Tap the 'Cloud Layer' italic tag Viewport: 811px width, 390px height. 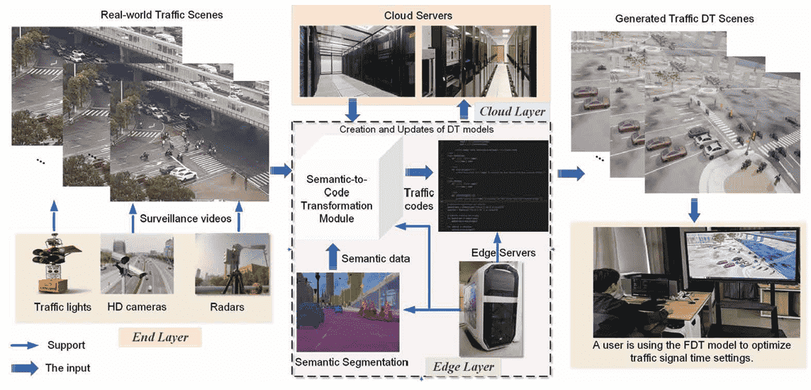pos(512,111)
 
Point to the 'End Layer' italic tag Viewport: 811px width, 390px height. pos(160,338)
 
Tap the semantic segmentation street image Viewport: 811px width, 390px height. pos(347,312)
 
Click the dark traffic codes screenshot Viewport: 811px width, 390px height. pos(493,186)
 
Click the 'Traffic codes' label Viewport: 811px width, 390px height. pos(418,199)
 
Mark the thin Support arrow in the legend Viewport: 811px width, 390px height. pos(26,345)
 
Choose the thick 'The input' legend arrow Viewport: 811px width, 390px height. pos(26,367)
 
